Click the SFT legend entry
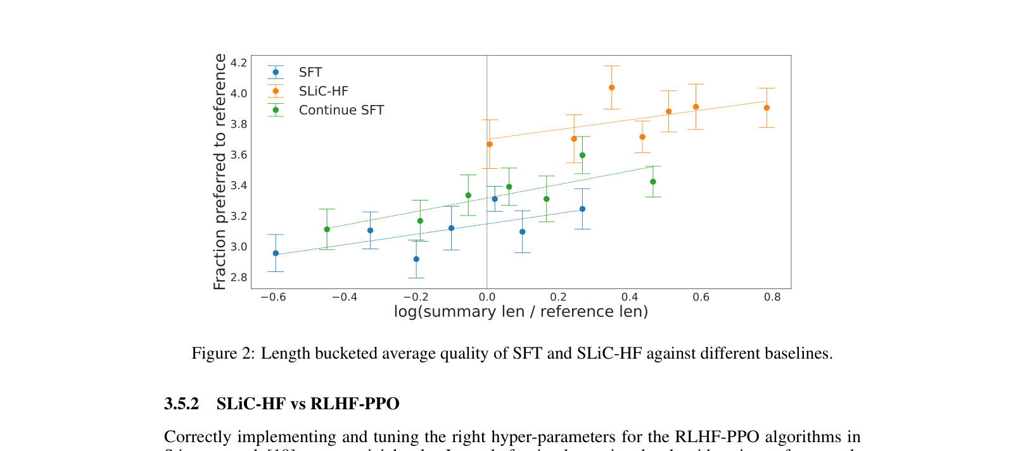click(x=310, y=73)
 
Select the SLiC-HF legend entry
click(x=323, y=92)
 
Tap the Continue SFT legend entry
click(x=341, y=111)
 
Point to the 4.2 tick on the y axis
click(x=239, y=63)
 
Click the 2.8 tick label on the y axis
click(x=239, y=278)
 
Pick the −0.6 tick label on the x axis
click(x=273, y=297)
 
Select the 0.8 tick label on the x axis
click(x=772, y=297)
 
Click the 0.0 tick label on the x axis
click(x=487, y=297)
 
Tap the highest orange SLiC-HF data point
click(x=611, y=88)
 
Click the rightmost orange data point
click(x=767, y=108)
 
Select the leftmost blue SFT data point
click(x=276, y=254)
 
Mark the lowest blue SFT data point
click(x=416, y=259)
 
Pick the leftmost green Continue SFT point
click(x=327, y=230)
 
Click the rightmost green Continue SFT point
click(x=653, y=182)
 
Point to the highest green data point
click(x=582, y=156)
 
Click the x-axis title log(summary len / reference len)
click(x=521, y=312)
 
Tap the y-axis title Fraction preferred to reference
click(x=220, y=172)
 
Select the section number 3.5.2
click(x=181, y=404)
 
